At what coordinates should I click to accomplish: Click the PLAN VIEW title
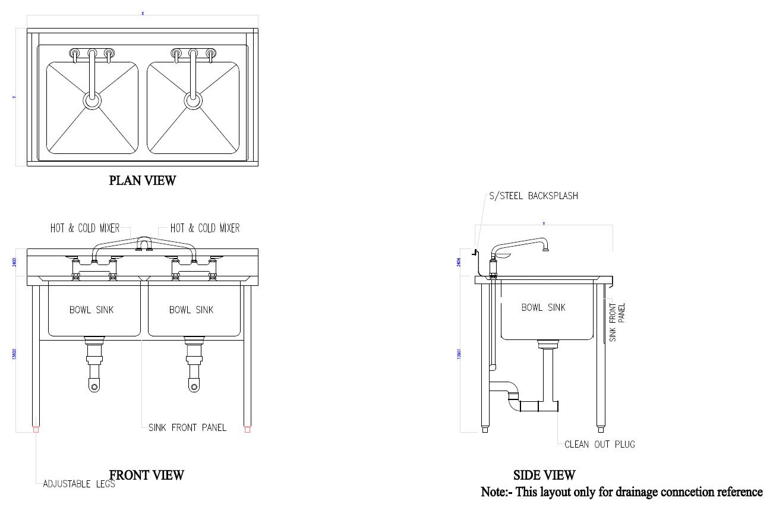142,181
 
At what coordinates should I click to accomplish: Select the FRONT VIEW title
147,475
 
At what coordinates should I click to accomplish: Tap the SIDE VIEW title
544,475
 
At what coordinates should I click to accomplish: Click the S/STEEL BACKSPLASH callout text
533,196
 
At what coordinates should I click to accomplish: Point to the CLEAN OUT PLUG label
599,444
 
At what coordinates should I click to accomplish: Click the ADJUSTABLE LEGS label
79,484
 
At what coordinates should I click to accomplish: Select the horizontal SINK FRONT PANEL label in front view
187,427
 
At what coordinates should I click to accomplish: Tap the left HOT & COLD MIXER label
85,228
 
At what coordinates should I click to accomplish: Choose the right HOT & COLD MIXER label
205,228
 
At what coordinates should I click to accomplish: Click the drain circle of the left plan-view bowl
92,100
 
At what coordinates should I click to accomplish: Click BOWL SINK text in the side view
543,307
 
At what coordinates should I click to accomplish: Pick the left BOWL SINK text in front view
91,310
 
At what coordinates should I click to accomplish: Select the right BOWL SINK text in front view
191,310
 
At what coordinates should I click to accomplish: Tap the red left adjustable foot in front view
36,429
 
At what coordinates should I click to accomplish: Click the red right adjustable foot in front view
247,429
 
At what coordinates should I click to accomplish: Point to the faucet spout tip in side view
545,249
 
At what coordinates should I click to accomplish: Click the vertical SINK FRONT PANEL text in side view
617,322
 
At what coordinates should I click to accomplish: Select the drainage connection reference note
621,492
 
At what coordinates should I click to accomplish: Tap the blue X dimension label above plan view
143,14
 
